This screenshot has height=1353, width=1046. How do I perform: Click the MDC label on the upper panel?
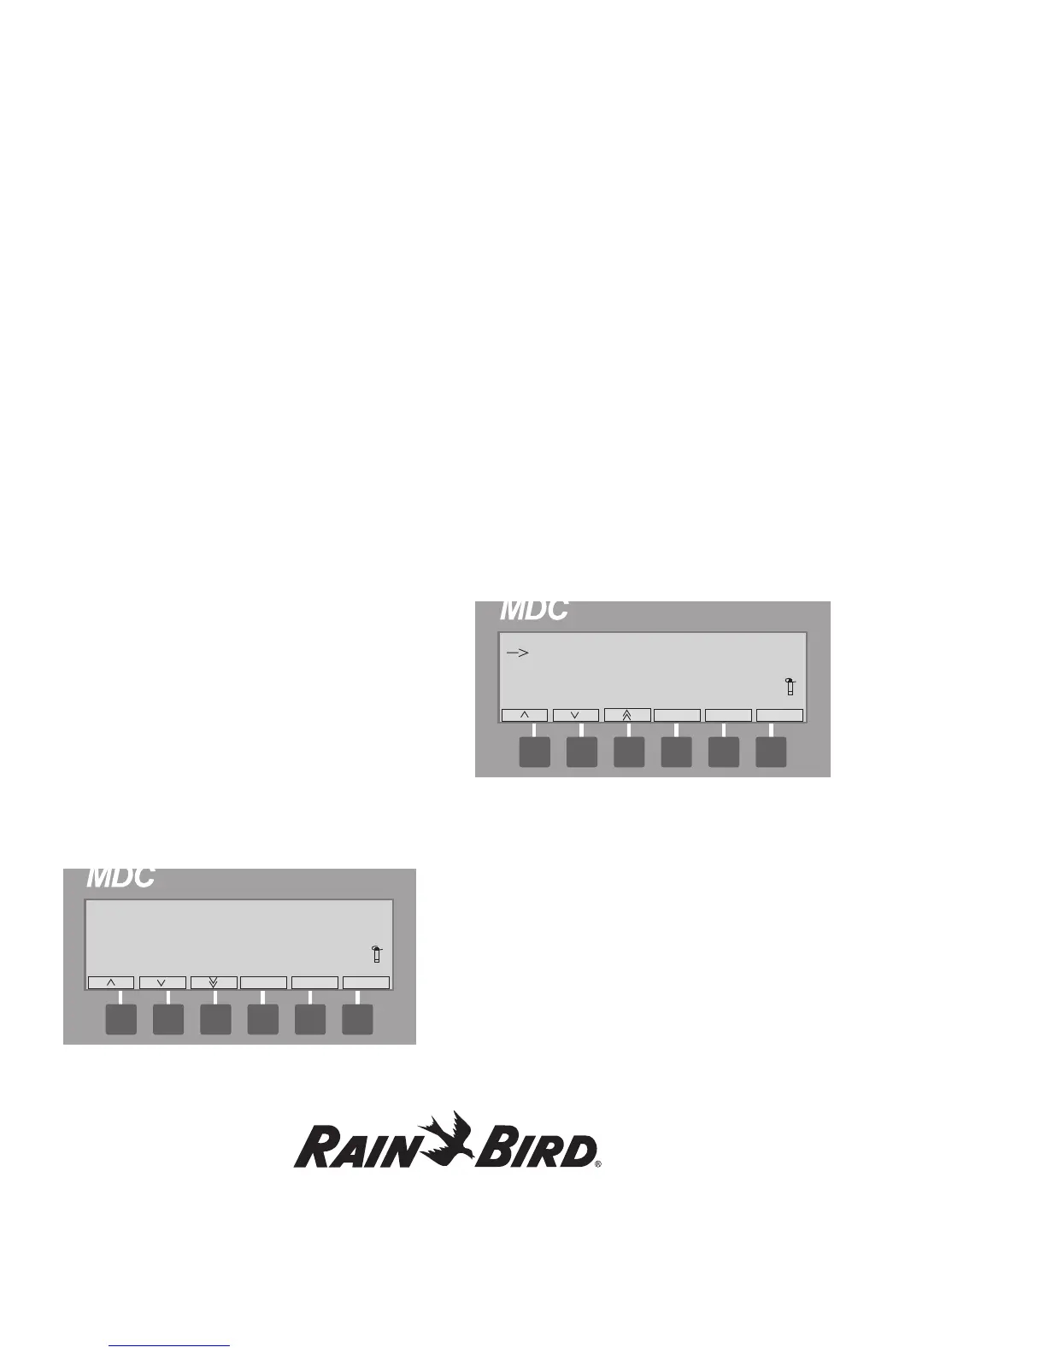pyautogui.click(x=533, y=610)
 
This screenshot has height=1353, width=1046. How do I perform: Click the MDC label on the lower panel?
pyautogui.click(x=120, y=877)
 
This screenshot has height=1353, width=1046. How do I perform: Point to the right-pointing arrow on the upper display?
pyautogui.click(x=517, y=653)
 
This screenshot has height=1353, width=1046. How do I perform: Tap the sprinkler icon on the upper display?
pyautogui.click(x=790, y=686)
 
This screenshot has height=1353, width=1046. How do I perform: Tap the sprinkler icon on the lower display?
pyautogui.click(x=376, y=954)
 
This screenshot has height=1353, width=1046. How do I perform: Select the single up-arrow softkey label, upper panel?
pyautogui.click(x=524, y=715)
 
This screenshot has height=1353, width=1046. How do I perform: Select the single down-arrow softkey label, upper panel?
pyautogui.click(x=575, y=715)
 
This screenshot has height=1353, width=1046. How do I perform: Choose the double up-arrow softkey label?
pyautogui.click(x=627, y=715)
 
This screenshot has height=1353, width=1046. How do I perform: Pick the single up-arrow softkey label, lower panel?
pyautogui.click(x=111, y=982)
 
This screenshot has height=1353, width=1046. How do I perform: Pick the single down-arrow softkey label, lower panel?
pyautogui.click(x=162, y=982)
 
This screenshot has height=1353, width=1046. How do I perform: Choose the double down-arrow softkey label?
pyautogui.click(x=214, y=982)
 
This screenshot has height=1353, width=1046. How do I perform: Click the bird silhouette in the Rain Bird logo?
pyautogui.click(x=453, y=1137)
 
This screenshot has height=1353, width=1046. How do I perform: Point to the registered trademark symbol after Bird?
pyautogui.click(x=598, y=1163)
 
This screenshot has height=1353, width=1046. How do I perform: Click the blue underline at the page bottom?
pyautogui.click(x=170, y=1345)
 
